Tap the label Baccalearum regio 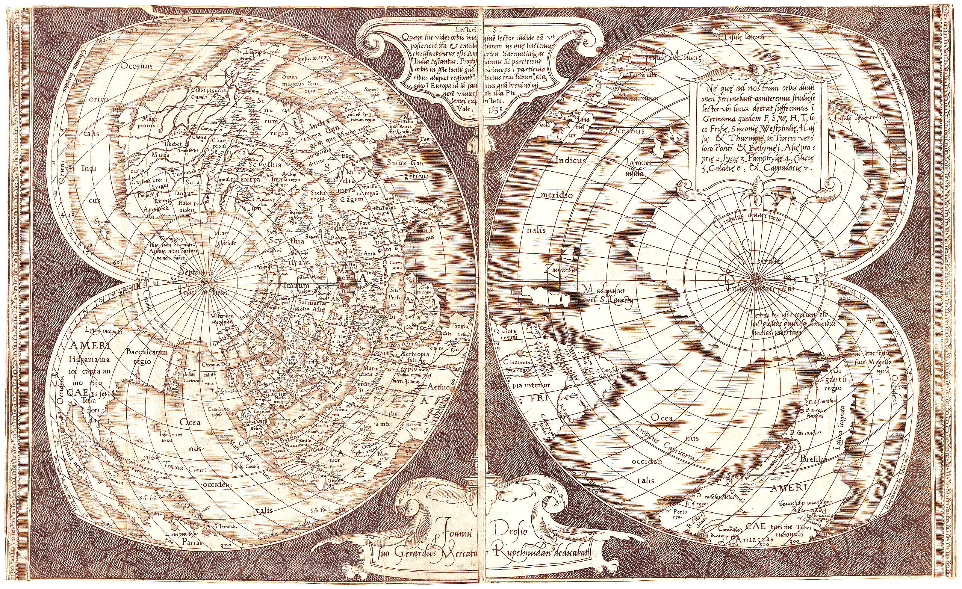[147, 356]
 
